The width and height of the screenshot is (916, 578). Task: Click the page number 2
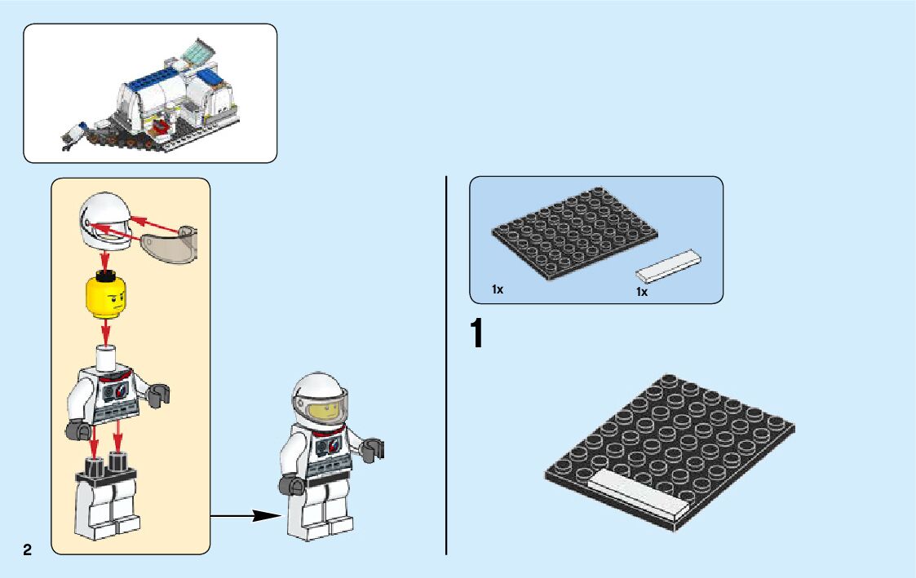click(28, 549)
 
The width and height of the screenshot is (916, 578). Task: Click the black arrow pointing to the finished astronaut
click(245, 515)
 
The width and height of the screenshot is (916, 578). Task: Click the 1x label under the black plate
click(498, 289)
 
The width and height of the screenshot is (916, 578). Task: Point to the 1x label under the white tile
click(642, 292)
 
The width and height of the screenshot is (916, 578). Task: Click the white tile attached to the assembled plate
click(636, 494)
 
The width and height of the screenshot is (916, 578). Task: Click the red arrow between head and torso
click(104, 332)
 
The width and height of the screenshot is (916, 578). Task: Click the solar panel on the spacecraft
click(196, 51)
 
